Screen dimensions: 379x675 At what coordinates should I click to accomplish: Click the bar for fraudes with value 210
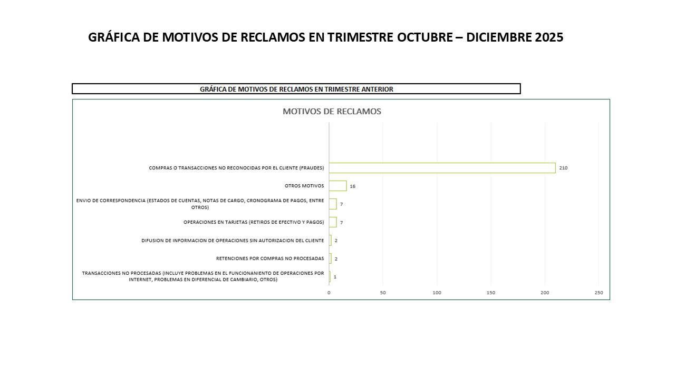tap(442, 168)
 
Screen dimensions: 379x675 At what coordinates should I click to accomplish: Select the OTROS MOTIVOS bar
tap(337, 186)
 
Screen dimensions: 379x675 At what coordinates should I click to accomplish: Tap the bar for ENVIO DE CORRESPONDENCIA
tap(333, 204)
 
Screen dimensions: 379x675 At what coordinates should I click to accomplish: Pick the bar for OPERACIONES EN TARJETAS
tap(333, 222)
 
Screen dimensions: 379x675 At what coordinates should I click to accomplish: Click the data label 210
tap(563, 168)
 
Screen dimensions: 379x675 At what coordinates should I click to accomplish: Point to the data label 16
tap(352, 186)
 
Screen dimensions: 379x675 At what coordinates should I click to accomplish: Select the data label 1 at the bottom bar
tap(335, 277)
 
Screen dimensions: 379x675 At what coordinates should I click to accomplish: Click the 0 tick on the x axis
tap(329, 293)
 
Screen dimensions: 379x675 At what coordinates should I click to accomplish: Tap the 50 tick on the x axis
tap(383, 293)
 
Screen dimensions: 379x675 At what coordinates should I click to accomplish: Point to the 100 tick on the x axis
tap(437, 293)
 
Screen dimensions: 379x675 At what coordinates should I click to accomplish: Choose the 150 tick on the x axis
tap(491, 293)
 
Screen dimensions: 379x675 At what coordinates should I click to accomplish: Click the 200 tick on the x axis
tap(545, 293)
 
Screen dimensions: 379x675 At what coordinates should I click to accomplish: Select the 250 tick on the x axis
tap(599, 293)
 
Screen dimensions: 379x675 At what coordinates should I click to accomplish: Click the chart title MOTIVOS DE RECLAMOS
tap(332, 112)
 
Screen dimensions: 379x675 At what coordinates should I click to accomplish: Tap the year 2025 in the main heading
tap(548, 37)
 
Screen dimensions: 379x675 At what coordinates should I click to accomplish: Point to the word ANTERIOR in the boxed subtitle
tap(377, 89)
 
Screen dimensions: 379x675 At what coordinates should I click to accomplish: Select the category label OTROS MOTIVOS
tap(304, 186)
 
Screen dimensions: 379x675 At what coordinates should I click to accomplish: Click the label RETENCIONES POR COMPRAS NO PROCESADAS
tap(270, 258)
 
